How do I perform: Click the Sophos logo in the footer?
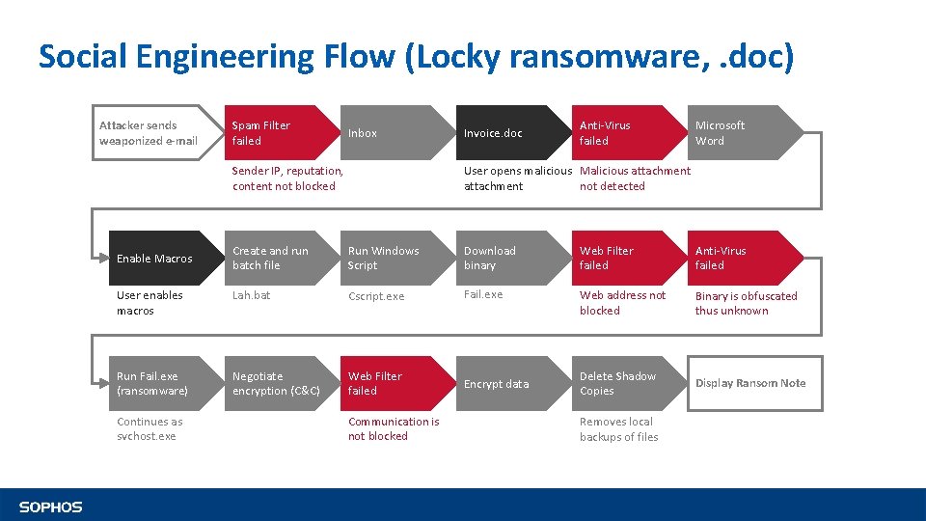tap(50, 507)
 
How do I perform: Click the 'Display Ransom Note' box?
tap(750, 384)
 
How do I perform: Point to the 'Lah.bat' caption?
tap(251, 296)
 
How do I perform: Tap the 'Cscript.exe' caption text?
tap(376, 297)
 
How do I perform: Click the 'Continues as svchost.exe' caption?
tap(150, 429)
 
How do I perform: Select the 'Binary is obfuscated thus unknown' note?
tap(746, 304)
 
